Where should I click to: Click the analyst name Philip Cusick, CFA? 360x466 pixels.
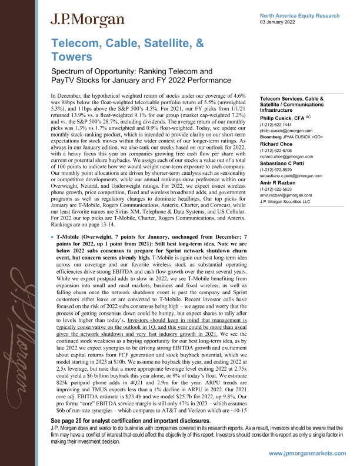click(282, 118)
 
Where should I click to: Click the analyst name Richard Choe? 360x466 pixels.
click(276, 144)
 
